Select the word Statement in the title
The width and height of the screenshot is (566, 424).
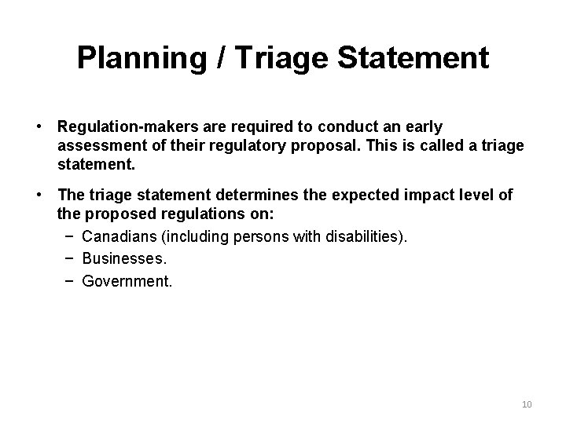(x=418, y=57)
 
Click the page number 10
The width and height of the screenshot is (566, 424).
(x=527, y=404)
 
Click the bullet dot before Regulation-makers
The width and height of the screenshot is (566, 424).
(x=38, y=126)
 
